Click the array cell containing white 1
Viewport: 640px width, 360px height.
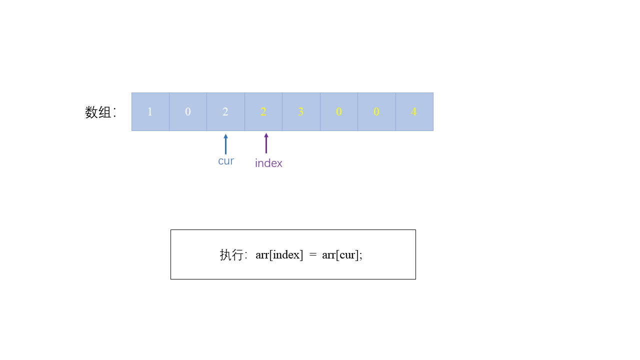tap(150, 111)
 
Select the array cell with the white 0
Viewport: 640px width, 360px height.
tap(188, 111)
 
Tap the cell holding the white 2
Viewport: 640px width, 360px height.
tap(225, 111)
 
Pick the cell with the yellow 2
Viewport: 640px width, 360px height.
tap(263, 111)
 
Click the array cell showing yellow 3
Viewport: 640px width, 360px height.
tap(301, 111)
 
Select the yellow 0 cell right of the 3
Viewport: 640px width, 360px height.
tap(339, 111)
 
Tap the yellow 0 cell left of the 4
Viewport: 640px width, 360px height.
tap(376, 111)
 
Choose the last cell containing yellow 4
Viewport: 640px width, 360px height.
tap(414, 111)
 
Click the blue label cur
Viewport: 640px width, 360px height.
tap(226, 161)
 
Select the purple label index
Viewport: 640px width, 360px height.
tap(268, 163)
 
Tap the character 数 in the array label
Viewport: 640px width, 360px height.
tap(91, 112)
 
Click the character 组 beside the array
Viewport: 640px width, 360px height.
tap(105, 112)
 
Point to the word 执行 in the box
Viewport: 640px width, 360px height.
tap(231, 254)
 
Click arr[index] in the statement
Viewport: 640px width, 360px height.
tap(279, 254)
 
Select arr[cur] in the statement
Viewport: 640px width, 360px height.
tap(340, 254)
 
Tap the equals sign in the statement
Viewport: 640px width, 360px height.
tap(312, 254)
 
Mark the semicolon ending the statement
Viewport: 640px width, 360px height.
tap(361, 255)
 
